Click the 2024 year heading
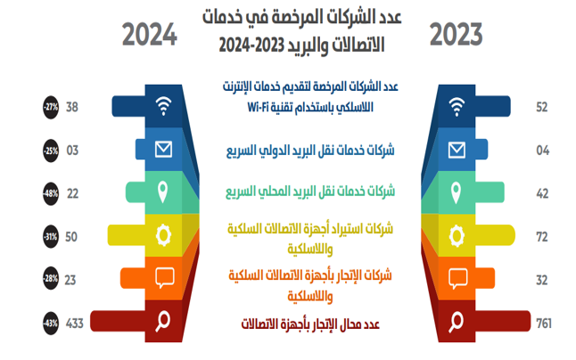point(150,35)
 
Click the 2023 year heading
point(456,35)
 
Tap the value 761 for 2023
point(544,323)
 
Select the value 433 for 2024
point(75,323)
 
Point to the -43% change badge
point(51,323)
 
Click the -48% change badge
point(51,193)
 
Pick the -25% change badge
point(51,151)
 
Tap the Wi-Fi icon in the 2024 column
point(163,106)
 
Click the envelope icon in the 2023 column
point(457,150)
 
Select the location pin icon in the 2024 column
point(163,192)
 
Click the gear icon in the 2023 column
point(457,235)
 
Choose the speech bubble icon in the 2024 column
point(165,278)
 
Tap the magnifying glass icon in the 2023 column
point(456,322)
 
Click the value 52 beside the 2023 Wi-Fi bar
point(542,107)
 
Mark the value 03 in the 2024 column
point(72,150)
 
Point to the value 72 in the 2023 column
point(542,237)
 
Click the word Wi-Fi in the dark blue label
point(259,107)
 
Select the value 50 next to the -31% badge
point(71,237)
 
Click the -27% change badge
point(51,107)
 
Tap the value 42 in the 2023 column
point(542,193)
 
